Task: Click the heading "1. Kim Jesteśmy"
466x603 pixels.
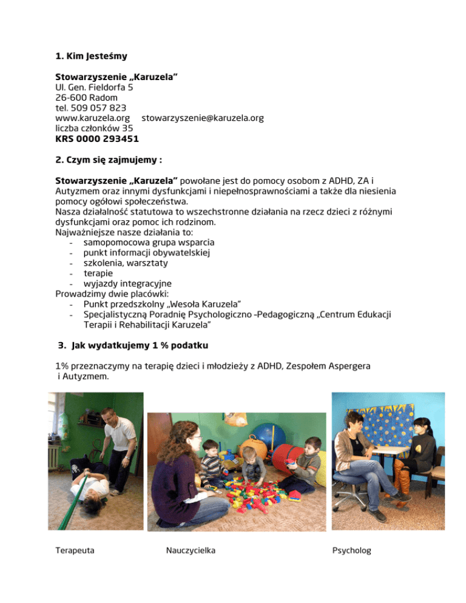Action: coord(91,58)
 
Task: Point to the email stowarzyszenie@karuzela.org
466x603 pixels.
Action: coord(198,118)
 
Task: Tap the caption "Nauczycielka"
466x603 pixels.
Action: coord(190,551)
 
